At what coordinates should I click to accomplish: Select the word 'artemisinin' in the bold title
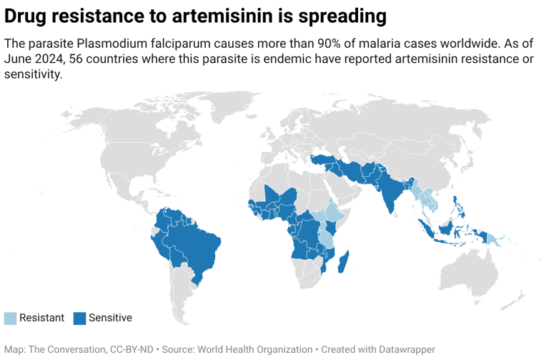click(215, 16)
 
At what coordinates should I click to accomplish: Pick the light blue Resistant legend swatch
click(10, 318)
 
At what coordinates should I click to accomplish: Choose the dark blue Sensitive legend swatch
click(79, 318)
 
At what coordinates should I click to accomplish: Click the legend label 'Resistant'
click(41, 318)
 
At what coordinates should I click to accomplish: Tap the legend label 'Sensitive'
click(110, 318)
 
